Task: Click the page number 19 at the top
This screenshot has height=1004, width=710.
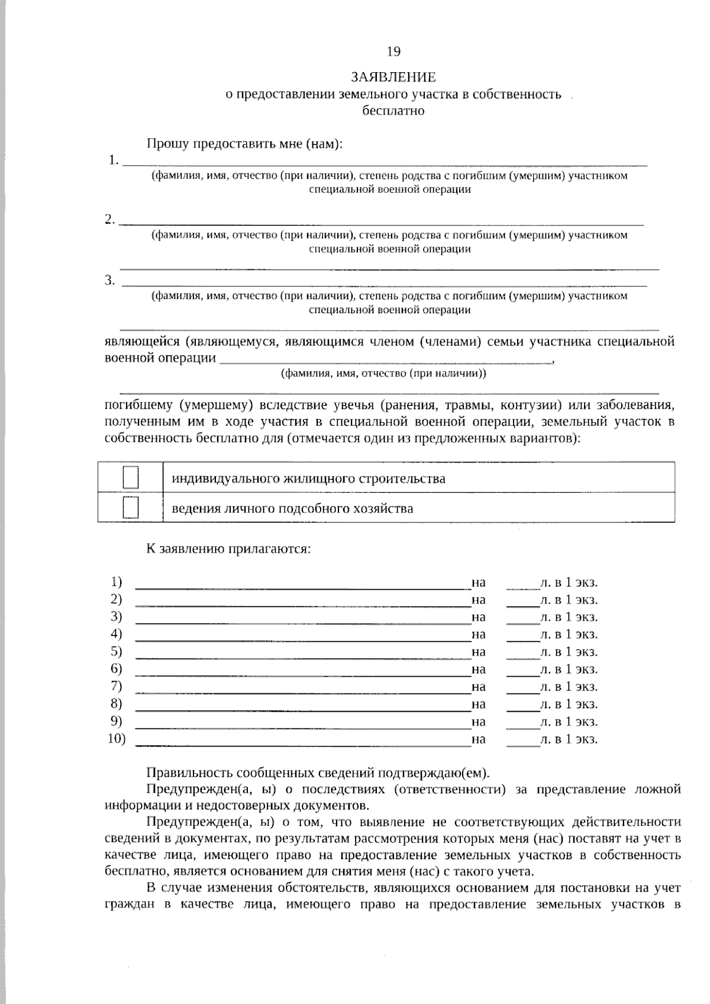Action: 393,51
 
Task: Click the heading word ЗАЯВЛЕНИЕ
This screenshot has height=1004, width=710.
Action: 393,78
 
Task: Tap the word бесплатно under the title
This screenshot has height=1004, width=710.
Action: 393,110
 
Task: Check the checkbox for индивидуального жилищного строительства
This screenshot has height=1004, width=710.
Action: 130,478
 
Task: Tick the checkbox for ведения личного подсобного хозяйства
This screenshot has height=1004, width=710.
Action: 130,508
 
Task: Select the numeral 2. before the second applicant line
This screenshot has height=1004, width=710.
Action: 110,219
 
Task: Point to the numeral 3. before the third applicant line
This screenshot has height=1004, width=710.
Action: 110,280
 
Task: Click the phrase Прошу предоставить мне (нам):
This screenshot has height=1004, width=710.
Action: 244,144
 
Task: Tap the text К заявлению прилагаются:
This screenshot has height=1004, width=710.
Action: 228,548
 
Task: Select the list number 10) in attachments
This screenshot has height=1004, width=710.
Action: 117,738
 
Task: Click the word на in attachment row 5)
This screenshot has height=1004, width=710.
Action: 479,652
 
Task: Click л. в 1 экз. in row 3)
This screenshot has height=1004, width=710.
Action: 569,617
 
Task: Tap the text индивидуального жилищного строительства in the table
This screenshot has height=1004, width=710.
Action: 308,478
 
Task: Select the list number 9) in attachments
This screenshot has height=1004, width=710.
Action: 116,721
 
